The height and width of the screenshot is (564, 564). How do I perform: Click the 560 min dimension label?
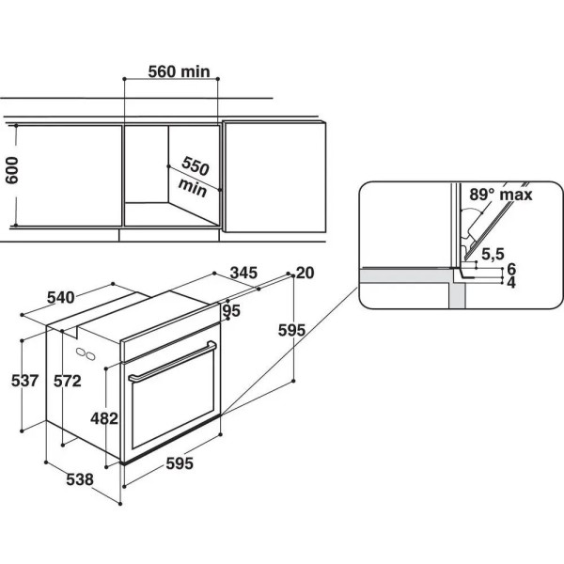(x=179, y=71)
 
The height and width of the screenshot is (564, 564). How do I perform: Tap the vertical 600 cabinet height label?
(x=12, y=170)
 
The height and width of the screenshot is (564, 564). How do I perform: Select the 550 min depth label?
(x=194, y=177)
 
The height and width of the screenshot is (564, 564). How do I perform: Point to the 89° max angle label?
(x=501, y=195)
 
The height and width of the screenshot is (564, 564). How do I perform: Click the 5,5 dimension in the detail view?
(x=493, y=254)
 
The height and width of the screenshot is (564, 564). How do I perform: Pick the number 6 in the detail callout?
(x=511, y=269)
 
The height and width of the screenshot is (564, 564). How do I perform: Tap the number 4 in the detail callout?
(x=511, y=283)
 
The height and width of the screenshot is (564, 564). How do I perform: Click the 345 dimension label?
(x=243, y=273)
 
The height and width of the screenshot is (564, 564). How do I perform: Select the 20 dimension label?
(x=305, y=273)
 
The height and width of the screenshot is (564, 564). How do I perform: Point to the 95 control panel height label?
(x=231, y=311)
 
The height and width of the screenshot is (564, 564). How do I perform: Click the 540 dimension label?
(x=61, y=297)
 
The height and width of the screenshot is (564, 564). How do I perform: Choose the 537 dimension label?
(x=24, y=381)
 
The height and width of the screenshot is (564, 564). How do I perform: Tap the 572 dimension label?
(x=68, y=381)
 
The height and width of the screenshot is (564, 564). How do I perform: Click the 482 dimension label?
(x=104, y=418)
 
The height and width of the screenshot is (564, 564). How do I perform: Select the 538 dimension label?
(x=80, y=479)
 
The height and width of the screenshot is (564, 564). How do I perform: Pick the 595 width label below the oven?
(x=180, y=463)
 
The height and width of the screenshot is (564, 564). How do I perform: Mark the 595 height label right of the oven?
(x=291, y=330)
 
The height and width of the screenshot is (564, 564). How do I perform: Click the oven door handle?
(x=173, y=361)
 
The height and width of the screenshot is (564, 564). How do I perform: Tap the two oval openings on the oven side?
(x=86, y=354)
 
